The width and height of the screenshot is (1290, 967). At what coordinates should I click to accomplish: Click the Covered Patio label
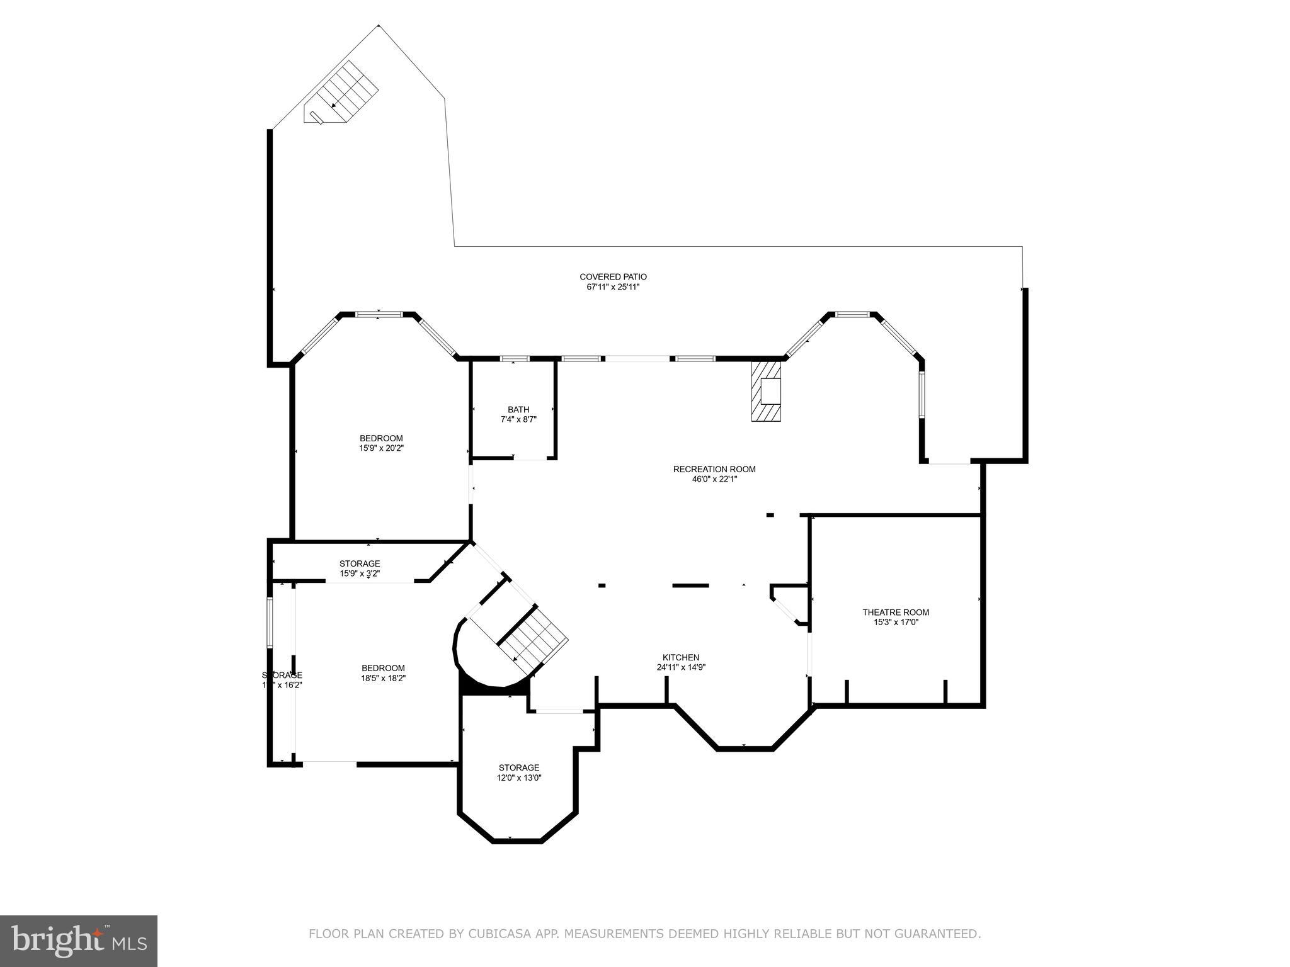click(x=613, y=277)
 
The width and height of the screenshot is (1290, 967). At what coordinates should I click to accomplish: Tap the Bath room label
click(x=518, y=410)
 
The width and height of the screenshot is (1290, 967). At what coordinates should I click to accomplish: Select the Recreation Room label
click(x=714, y=469)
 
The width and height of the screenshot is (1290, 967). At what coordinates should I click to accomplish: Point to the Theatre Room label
click(x=895, y=612)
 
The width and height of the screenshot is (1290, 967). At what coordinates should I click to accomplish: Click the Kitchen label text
click(x=680, y=657)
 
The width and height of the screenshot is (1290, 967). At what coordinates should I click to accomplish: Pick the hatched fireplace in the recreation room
click(x=765, y=391)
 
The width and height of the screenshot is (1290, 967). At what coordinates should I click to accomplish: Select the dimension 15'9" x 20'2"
click(x=381, y=448)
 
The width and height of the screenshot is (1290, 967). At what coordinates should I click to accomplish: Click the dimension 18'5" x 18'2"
click(x=383, y=678)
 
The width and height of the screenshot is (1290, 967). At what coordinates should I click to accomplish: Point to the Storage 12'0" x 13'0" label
click(x=519, y=767)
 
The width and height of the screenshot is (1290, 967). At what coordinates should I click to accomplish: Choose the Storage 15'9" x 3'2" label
click(x=360, y=563)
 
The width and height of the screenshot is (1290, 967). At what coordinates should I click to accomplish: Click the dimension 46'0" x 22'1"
click(x=714, y=479)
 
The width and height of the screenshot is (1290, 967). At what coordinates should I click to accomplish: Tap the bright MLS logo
click(x=79, y=941)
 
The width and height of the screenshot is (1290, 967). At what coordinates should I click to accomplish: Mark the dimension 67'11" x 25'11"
click(x=613, y=287)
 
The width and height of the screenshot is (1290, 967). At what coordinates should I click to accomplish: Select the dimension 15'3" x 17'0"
click(x=895, y=622)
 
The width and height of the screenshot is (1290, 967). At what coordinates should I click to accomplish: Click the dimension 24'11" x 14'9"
click(x=680, y=667)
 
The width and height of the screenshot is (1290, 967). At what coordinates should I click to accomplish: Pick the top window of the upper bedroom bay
click(x=379, y=314)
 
